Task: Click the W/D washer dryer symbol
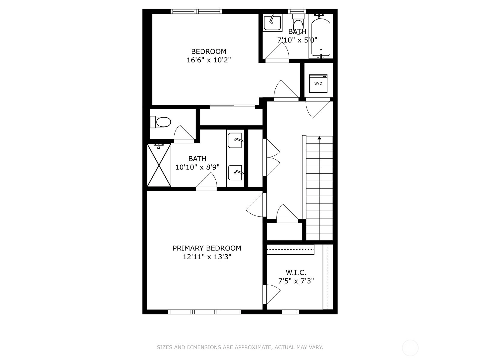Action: click(x=318, y=83)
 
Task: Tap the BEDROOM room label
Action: click(x=208, y=52)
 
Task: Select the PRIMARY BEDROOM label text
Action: click(x=207, y=248)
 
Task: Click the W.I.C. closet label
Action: click(x=296, y=272)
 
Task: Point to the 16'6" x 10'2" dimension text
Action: click(x=208, y=60)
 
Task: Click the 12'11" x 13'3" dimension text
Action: click(x=207, y=256)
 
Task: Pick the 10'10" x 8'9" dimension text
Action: click(x=197, y=167)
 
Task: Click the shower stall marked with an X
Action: click(x=159, y=165)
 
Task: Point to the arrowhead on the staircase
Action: click(x=319, y=138)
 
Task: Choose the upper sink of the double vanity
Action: click(x=235, y=140)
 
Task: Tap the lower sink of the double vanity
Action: click(x=235, y=173)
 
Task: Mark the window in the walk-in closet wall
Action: click(x=290, y=312)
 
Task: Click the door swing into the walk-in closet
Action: click(x=271, y=294)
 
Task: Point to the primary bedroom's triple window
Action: click(x=205, y=312)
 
